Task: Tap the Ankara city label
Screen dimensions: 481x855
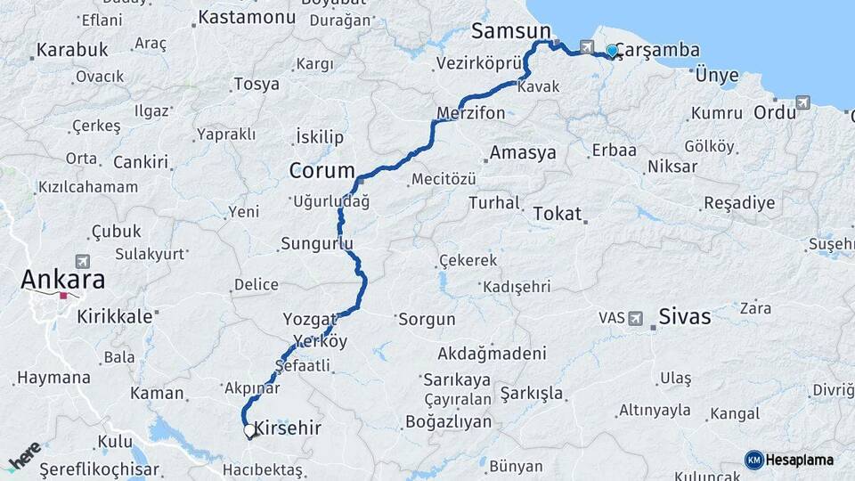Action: [62, 279]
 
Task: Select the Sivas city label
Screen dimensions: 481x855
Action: [685, 316]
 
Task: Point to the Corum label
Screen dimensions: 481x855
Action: [322, 170]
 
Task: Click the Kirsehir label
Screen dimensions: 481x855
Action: [288, 428]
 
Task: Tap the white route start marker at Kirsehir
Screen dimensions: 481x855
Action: [249, 430]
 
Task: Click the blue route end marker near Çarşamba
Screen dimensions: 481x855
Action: [612, 51]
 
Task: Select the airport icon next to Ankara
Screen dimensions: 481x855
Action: [84, 261]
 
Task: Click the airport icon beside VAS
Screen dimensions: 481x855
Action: [636, 318]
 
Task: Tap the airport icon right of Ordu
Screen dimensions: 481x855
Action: [805, 102]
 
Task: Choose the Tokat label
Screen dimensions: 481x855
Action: [558, 214]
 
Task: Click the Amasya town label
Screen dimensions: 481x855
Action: [523, 152]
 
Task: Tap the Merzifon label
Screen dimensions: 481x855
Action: [471, 113]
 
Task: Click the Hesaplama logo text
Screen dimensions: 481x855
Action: [801, 460]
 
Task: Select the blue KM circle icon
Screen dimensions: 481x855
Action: [753, 460]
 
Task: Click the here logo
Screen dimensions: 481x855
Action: [24, 456]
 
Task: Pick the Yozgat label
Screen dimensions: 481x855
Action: [310, 319]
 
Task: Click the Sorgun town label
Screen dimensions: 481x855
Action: [427, 319]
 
